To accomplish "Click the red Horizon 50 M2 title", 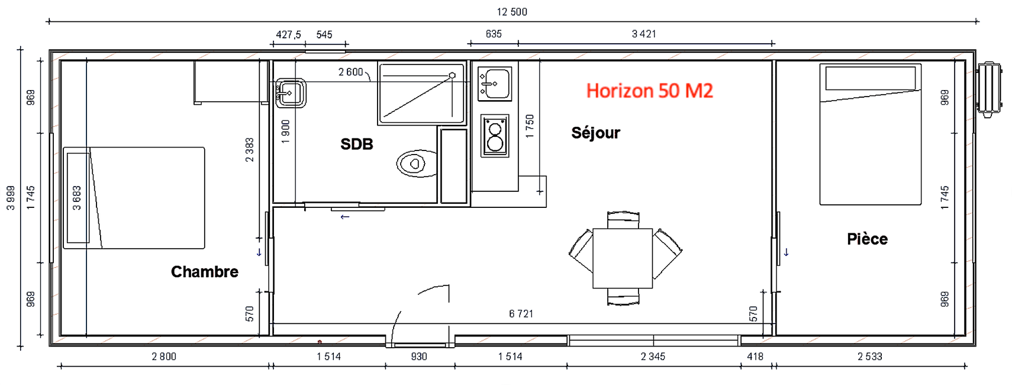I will click(649, 91).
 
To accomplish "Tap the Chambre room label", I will click(205, 272).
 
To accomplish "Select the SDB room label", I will click(356, 144).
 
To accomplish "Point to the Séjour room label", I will click(595, 133).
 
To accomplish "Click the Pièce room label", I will click(867, 239).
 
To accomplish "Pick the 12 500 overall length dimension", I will click(512, 12).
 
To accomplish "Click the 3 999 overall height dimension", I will click(11, 198).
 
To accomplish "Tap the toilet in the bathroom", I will click(417, 164).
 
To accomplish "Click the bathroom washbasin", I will click(291, 93).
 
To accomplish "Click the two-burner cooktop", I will click(495, 136).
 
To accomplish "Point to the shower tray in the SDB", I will click(421, 94).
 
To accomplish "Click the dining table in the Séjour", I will click(623, 258).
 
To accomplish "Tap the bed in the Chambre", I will click(134, 198).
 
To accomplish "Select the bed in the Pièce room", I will click(870, 135).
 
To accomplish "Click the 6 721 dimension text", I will click(521, 314).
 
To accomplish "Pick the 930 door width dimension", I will click(419, 357).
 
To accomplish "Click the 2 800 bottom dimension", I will click(164, 357).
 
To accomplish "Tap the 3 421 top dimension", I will click(644, 34).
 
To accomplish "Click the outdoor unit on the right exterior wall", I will click(989, 89).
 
